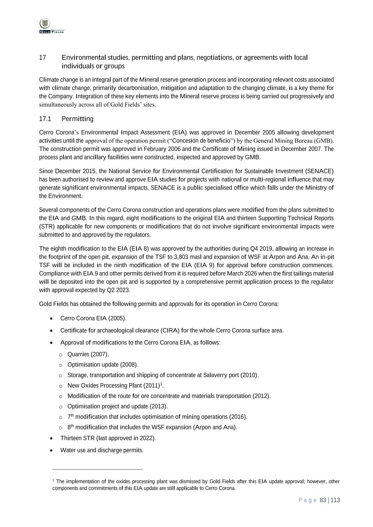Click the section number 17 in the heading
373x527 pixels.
click(x=43, y=58)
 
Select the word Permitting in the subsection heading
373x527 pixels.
click(x=77, y=119)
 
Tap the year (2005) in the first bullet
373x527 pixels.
click(x=117, y=319)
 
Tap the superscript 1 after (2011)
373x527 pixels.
click(x=161, y=384)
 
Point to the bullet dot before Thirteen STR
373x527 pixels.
click(x=52, y=438)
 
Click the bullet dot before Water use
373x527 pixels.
click(x=52, y=450)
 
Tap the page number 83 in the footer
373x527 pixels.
click(x=323, y=500)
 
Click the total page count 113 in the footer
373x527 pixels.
click(x=335, y=500)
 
